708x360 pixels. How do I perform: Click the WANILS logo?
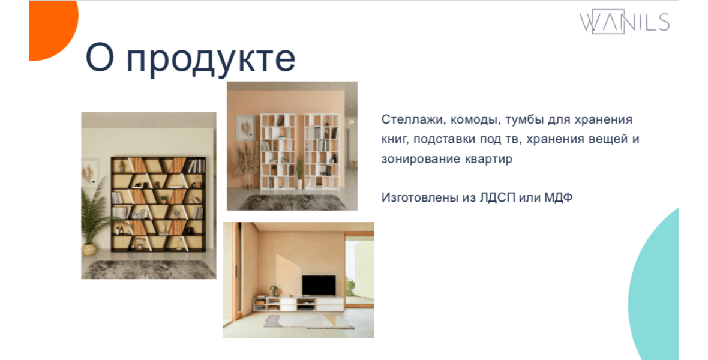pos(625,21)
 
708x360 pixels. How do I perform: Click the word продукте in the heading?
pos(211,59)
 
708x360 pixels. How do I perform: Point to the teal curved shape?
pos(655,289)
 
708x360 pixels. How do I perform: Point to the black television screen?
pos(319,286)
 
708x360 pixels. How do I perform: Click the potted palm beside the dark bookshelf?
pos(94,217)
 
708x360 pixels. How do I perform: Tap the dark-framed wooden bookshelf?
pos(158,204)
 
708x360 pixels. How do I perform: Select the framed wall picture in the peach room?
pos(245,129)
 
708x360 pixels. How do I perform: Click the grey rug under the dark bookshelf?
pos(149,269)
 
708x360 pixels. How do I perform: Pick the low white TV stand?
pos(298,304)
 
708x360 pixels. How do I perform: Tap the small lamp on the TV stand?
pos(273,291)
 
